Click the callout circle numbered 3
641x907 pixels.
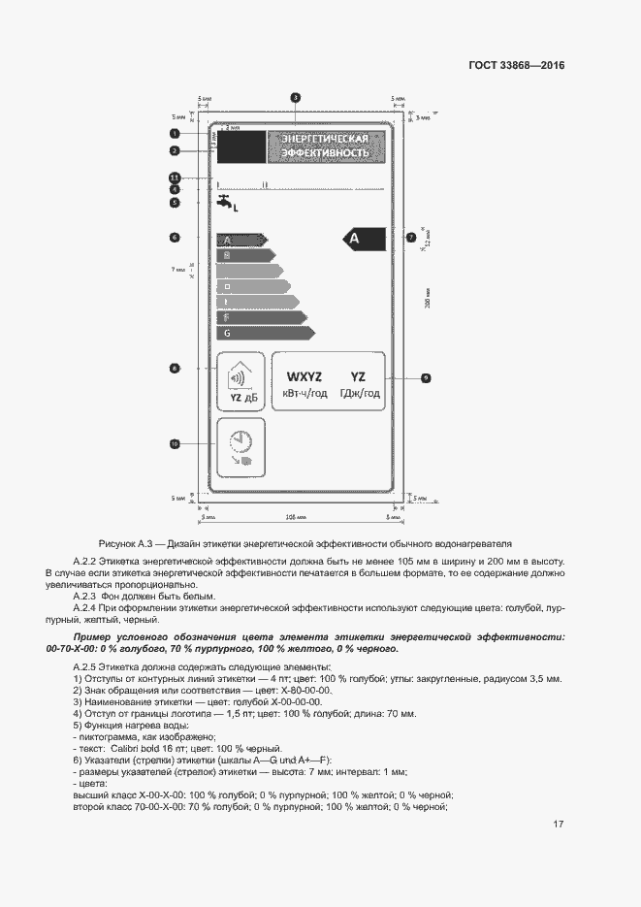tap(295, 97)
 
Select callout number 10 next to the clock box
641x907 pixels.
tap(175, 443)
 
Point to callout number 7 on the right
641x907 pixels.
tap(410, 237)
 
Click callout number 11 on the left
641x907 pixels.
tap(175, 178)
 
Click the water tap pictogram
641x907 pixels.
tap(226, 204)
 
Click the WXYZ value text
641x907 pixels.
tap(304, 376)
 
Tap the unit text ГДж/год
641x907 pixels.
tap(358, 394)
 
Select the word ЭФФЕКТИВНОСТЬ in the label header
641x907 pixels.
tap(325, 154)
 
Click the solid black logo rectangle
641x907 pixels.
tap(240, 147)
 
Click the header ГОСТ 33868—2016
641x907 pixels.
tap(516, 66)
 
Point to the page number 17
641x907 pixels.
tap(558, 825)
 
